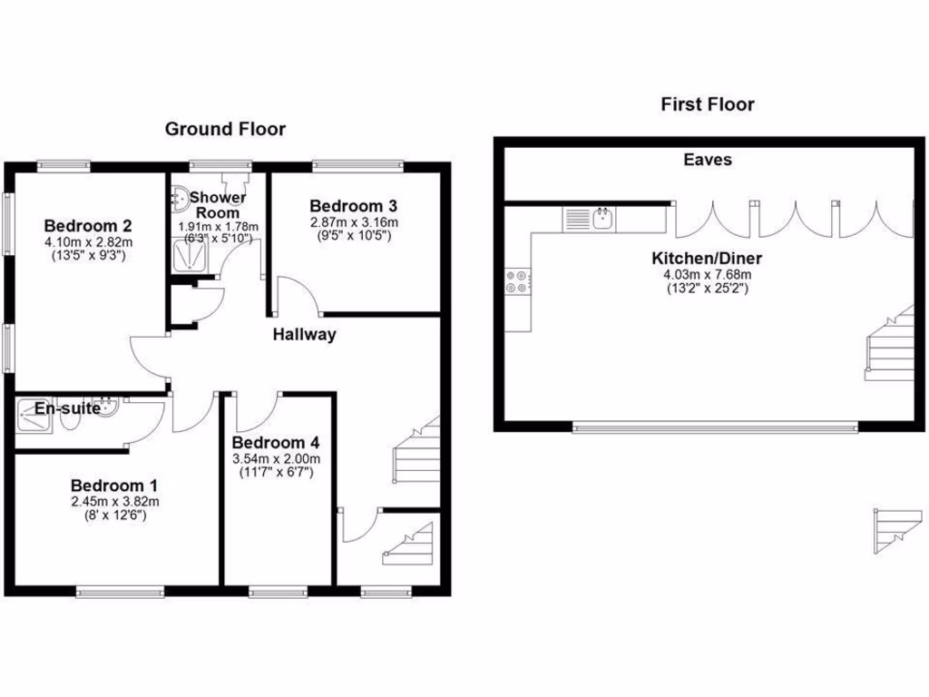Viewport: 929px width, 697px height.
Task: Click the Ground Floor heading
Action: click(x=225, y=129)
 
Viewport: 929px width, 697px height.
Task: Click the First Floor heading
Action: click(x=708, y=104)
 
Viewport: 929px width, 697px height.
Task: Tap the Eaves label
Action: click(x=708, y=160)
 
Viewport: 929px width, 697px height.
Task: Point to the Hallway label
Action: click(x=305, y=334)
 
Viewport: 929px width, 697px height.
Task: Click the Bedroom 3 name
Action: click(x=354, y=206)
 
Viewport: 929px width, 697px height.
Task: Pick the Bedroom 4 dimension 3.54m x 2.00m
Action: click(x=276, y=459)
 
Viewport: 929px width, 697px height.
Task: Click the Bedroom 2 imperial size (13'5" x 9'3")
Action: click(x=89, y=256)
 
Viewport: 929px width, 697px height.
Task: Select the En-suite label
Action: click(x=67, y=409)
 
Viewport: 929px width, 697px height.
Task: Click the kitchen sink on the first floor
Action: click(x=602, y=218)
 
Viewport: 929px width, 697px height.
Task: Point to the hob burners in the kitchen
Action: click(x=518, y=282)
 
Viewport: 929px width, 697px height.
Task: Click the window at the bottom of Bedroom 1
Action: click(x=121, y=593)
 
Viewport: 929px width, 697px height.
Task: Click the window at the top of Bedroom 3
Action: click(x=358, y=166)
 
